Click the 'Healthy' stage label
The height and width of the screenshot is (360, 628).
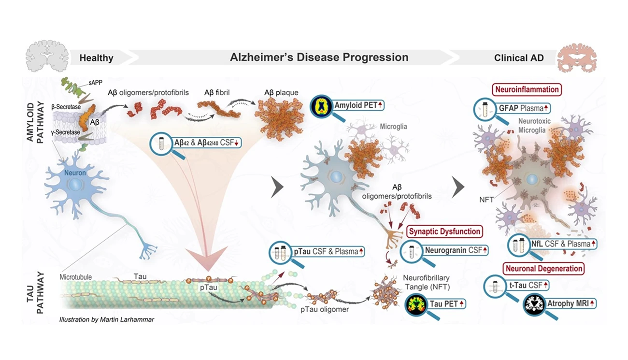coord(96,58)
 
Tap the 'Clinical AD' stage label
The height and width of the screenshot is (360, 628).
coord(519,58)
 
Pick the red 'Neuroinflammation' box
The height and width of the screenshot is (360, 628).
coord(527,89)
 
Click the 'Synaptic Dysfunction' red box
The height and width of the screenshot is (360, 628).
coord(445,231)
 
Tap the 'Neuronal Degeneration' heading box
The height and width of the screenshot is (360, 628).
coord(544,268)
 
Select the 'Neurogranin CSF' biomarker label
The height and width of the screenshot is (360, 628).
coord(453,250)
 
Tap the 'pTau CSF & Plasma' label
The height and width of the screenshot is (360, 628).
coord(328,251)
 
